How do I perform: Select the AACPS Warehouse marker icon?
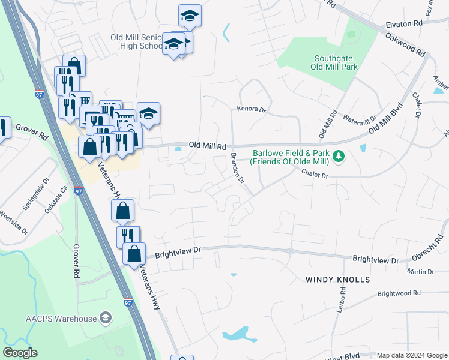click(x=106, y=317)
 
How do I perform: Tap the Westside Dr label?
click(x=13, y=222)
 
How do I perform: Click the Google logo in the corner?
click(x=20, y=353)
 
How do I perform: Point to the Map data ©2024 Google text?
click(x=412, y=355)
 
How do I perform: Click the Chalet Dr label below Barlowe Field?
click(x=316, y=176)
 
